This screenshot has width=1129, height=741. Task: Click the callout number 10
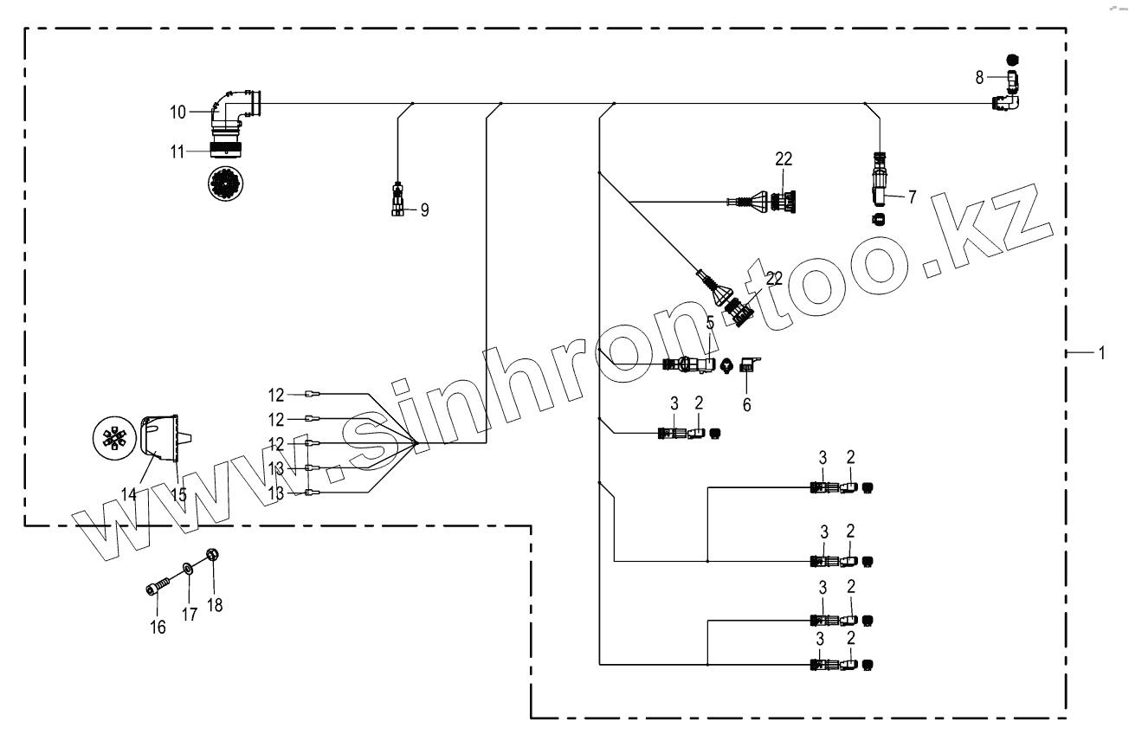177,112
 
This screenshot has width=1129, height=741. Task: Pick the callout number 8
979,77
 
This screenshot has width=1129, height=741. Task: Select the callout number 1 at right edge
1101,352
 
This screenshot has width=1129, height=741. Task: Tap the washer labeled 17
187,570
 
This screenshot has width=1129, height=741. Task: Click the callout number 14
129,494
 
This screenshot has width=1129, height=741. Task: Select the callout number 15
178,494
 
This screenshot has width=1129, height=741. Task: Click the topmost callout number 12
275,396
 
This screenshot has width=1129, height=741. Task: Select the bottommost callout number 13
275,493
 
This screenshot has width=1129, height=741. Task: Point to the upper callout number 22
784,160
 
